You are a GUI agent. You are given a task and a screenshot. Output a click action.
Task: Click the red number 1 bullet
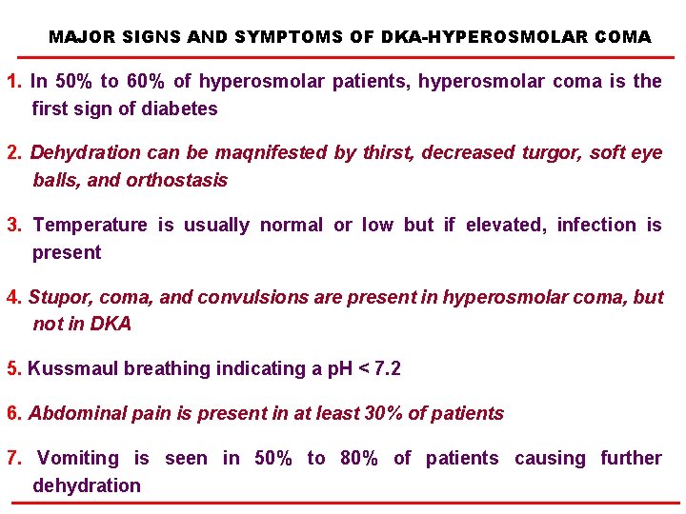click(x=11, y=82)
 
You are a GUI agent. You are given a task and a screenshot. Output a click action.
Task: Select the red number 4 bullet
click(x=11, y=297)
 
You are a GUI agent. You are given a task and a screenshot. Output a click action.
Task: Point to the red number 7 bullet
click(x=11, y=459)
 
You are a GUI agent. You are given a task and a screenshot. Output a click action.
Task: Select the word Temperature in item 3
click(x=90, y=226)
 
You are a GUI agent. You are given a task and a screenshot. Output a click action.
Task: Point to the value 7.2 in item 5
click(x=385, y=368)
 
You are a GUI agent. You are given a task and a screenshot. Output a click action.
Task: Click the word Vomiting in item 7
click(x=78, y=459)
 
